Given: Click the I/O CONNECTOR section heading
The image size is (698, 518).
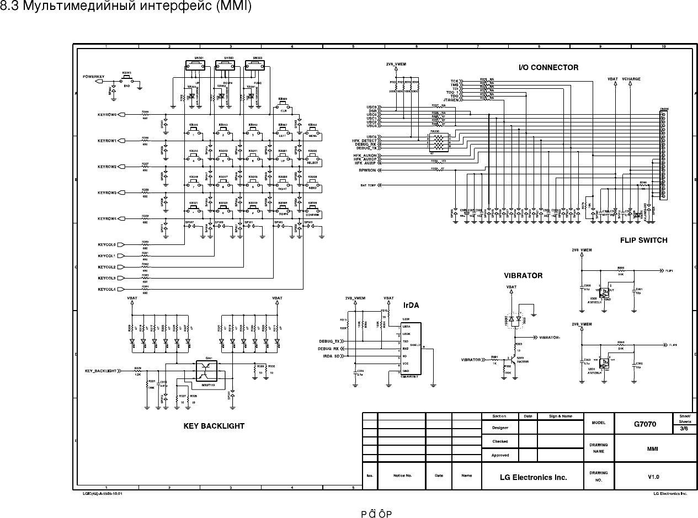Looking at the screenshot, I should click(548, 67).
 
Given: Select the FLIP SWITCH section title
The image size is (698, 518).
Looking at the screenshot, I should click(643, 240).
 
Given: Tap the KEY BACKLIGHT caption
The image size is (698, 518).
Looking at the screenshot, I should click(214, 426).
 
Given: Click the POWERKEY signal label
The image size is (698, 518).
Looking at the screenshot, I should click(93, 76).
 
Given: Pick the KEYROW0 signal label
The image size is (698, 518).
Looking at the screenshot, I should click(107, 115).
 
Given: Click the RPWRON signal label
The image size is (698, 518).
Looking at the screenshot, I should click(367, 170).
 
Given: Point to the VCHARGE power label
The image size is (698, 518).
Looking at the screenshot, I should click(631, 79).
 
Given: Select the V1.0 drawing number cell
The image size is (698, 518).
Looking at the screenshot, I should click(653, 476).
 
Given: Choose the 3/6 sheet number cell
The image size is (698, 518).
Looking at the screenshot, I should click(684, 428).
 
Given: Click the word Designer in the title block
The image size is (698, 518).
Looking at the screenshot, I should click(500, 428).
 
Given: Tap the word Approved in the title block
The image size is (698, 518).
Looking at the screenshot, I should click(500, 455).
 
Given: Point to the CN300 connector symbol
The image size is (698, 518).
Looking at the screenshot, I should click(664, 154).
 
